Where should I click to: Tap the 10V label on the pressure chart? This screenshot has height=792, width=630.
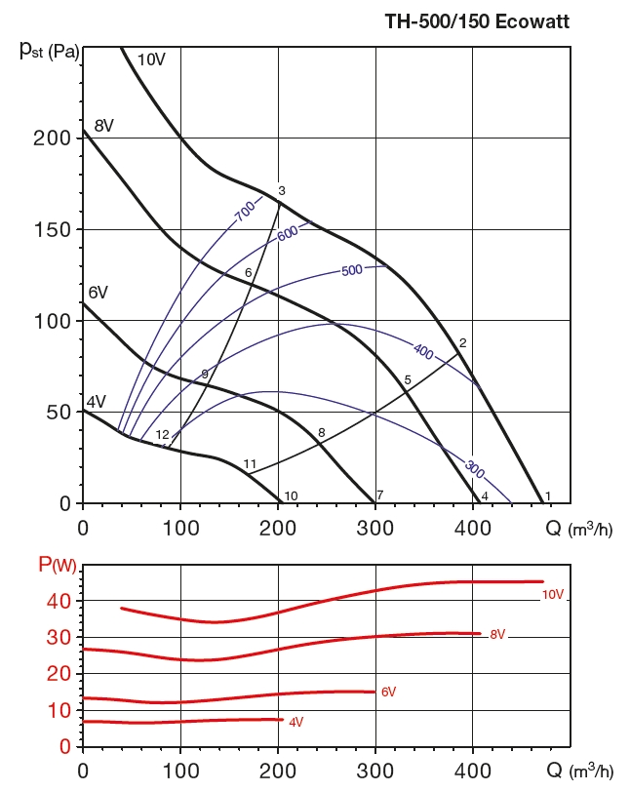tap(151, 59)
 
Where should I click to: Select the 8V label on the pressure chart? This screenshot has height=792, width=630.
tap(104, 125)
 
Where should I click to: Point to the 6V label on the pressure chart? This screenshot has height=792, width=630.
tap(98, 292)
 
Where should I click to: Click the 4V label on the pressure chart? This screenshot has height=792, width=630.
tap(96, 401)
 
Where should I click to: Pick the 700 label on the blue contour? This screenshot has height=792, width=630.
tap(244, 208)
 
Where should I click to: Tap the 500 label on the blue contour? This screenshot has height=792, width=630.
tap(352, 270)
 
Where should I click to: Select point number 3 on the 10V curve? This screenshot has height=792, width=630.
tap(281, 191)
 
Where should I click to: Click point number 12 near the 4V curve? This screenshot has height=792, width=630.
tap(163, 435)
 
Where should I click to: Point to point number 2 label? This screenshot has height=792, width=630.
tap(462, 342)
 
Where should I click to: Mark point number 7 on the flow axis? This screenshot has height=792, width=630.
tap(379, 495)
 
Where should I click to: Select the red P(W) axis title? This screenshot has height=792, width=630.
tap(57, 563)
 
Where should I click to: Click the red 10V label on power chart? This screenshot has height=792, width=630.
tap(553, 594)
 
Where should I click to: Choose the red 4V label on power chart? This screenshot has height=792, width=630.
tap(295, 722)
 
